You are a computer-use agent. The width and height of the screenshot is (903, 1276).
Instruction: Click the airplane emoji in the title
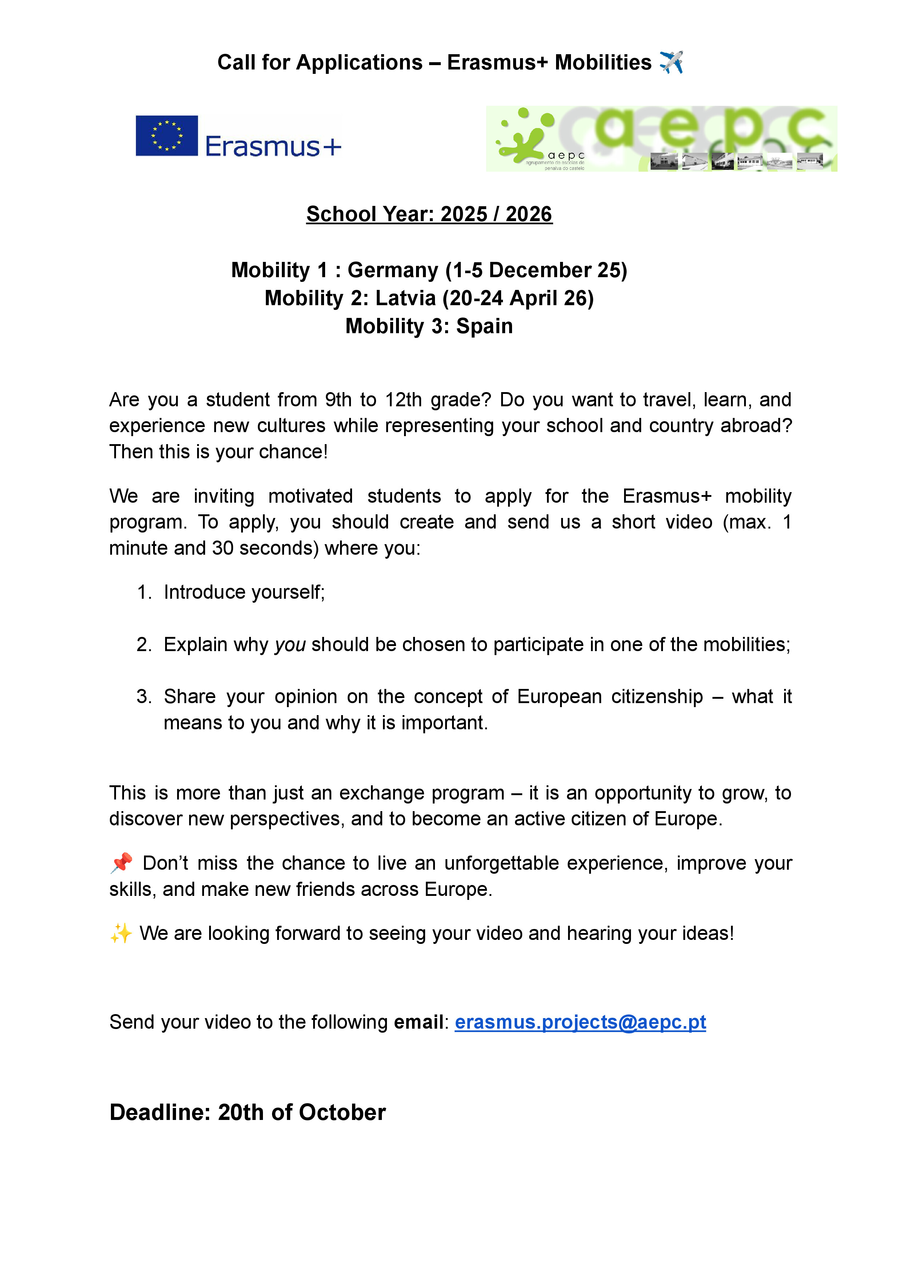(x=671, y=62)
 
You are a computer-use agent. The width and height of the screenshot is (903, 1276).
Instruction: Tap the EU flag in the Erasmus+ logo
(x=166, y=136)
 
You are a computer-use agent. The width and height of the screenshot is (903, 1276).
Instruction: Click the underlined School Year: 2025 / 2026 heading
(x=429, y=214)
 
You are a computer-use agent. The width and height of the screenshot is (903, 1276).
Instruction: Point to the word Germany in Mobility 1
(x=392, y=270)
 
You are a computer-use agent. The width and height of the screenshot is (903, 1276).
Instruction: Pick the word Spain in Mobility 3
(x=484, y=326)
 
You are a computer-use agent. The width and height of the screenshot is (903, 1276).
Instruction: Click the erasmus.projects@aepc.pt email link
(x=580, y=1022)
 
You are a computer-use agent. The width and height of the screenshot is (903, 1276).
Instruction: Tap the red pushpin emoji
(x=121, y=862)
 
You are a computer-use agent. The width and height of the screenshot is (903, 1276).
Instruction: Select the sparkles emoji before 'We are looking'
(x=121, y=933)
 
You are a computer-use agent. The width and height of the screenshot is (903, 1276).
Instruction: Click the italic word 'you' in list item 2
(x=290, y=645)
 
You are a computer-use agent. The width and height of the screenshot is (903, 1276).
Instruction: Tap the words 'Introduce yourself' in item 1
(x=243, y=592)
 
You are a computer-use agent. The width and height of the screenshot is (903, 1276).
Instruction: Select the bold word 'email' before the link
(x=418, y=1022)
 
